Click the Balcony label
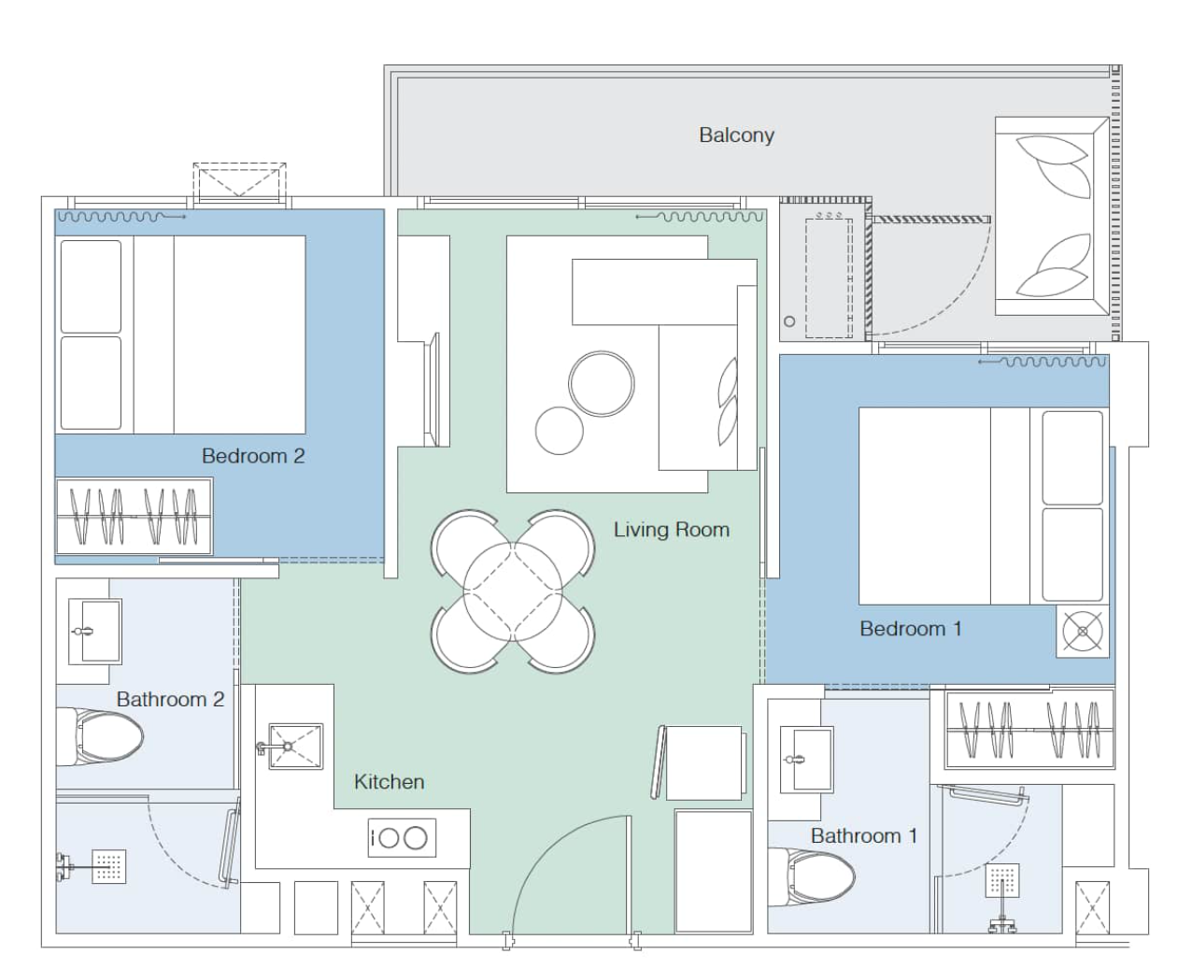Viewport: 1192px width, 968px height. click(736, 135)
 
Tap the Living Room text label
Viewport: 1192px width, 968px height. click(671, 530)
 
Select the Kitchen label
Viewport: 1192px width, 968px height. click(389, 782)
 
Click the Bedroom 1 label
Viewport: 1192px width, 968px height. click(910, 629)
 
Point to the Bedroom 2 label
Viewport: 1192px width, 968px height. click(253, 456)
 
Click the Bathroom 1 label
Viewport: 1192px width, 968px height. click(863, 836)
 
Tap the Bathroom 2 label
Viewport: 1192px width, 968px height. click(170, 700)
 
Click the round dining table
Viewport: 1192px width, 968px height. click(512, 591)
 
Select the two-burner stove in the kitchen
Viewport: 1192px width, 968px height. click(402, 837)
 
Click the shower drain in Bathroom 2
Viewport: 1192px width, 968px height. click(108, 866)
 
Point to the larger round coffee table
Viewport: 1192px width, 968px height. click(602, 384)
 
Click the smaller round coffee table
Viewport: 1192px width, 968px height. click(559, 431)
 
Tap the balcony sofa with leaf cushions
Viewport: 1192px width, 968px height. click(1052, 216)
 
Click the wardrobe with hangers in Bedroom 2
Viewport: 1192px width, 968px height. click(134, 517)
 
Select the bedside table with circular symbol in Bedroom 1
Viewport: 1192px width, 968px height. click(1083, 632)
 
